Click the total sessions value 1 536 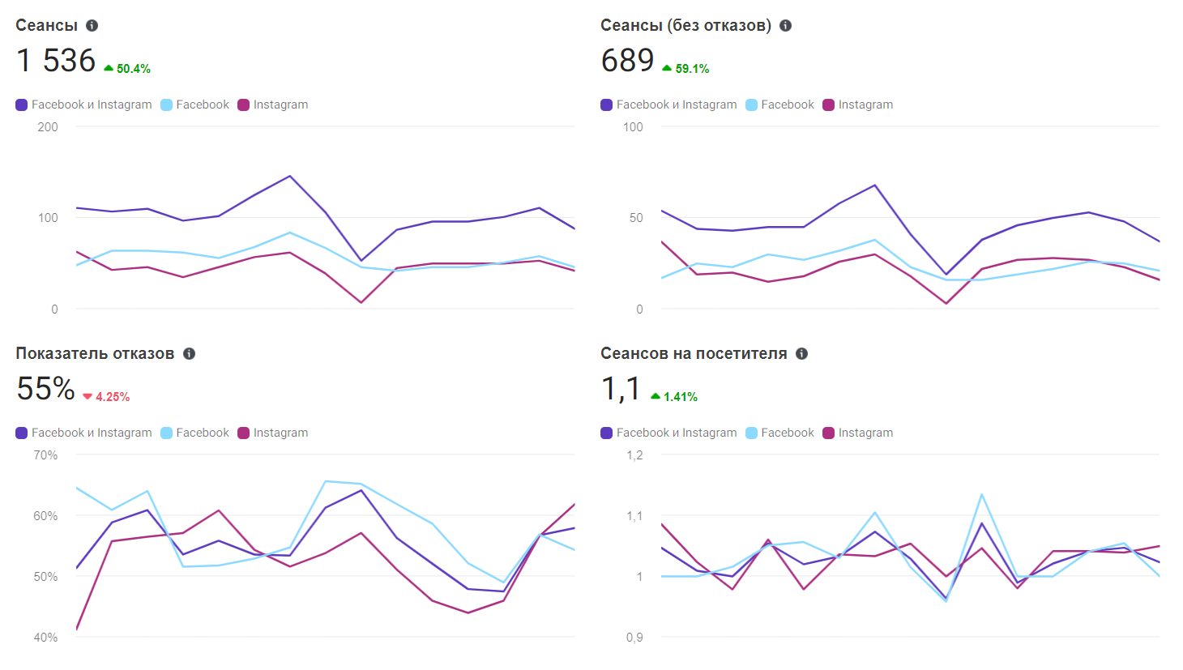[x=56, y=61]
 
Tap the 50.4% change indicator [x=128, y=69]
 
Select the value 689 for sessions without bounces [x=627, y=61]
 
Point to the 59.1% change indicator [x=686, y=69]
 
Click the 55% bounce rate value [x=45, y=389]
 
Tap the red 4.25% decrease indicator [x=107, y=397]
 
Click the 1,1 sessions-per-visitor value [x=621, y=389]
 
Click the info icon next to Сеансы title [x=92, y=25]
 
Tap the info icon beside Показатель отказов [x=189, y=353]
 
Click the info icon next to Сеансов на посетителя [x=801, y=353]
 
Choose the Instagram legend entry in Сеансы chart [x=273, y=105]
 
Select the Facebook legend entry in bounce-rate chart [x=195, y=433]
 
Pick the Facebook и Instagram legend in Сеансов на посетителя [x=668, y=433]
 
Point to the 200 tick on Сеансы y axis [x=48, y=126]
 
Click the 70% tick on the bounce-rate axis [x=45, y=455]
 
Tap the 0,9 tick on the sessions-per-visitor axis [x=634, y=638]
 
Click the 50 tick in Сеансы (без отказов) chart [x=636, y=218]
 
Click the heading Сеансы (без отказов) [x=685, y=25]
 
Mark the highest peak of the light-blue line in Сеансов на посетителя [x=981, y=494]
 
